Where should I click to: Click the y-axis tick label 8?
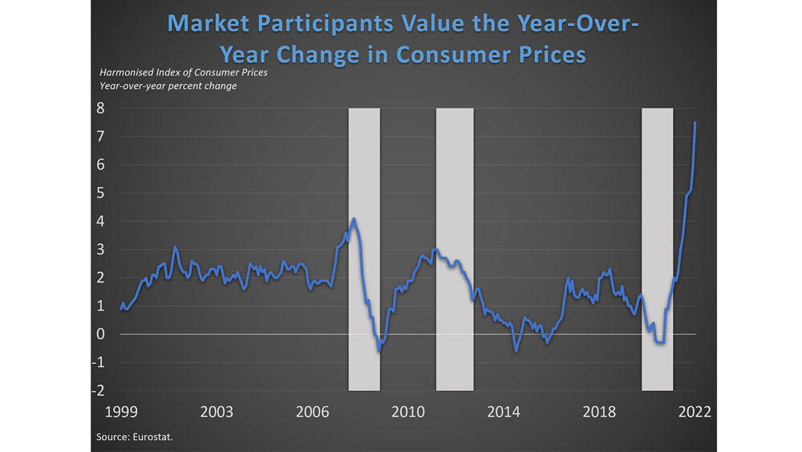[102, 108]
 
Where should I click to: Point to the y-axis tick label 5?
[102, 193]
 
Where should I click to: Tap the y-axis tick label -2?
[99, 390]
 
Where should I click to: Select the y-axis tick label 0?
[102, 334]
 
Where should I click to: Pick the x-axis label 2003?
[217, 412]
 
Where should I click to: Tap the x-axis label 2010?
[407, 412]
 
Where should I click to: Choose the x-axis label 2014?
[504, 412]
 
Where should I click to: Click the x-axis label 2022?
[695, 412]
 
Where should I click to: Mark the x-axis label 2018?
[599, 412]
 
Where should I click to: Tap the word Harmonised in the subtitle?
[125, 73]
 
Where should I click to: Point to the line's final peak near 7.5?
[695, 122]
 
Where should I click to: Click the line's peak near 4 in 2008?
[354, 218]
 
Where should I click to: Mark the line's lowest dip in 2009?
[380, 351]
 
